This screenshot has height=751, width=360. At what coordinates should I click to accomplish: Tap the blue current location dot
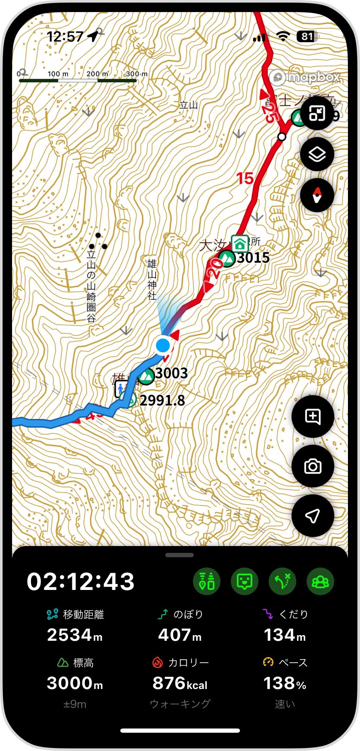(x=163, y=345)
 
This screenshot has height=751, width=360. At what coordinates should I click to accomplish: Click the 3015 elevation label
(x=253, y=258)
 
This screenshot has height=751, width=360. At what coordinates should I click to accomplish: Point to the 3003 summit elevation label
(x=171, y=373)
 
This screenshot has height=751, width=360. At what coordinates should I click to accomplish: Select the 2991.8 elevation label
(x=162, y=400)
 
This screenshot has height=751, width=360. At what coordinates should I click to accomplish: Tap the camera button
(x=313, y=466)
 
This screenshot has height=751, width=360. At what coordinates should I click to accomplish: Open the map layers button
(x=317, y=154)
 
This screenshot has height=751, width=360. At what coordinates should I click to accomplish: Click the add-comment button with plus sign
(x=313, y=416)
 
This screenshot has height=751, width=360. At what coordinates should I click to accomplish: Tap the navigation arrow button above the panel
(x=313, y=515)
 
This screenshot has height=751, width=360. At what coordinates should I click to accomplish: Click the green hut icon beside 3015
(x=239, y=243)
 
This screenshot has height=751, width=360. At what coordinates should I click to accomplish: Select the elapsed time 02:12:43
(x=81, y=581)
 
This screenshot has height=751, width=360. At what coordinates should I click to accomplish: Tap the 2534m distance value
(x=74, y=635)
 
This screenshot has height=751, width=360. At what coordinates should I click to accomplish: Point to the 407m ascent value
(x=180, y=635)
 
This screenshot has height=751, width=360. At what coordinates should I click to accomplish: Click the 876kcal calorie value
(x=180, y=683)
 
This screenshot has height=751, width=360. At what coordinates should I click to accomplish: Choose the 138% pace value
(x=285, y=683)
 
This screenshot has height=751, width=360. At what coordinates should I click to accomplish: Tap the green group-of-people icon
(x=320, y=581)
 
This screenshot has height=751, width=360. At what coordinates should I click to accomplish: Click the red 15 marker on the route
(x=245, y=178)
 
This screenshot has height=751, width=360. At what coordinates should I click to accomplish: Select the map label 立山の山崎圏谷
(x=91, y=285)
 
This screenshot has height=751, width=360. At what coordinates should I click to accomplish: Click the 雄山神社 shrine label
(x=152, y=279)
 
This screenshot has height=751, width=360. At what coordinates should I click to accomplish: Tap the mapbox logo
(x=307, y=77)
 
